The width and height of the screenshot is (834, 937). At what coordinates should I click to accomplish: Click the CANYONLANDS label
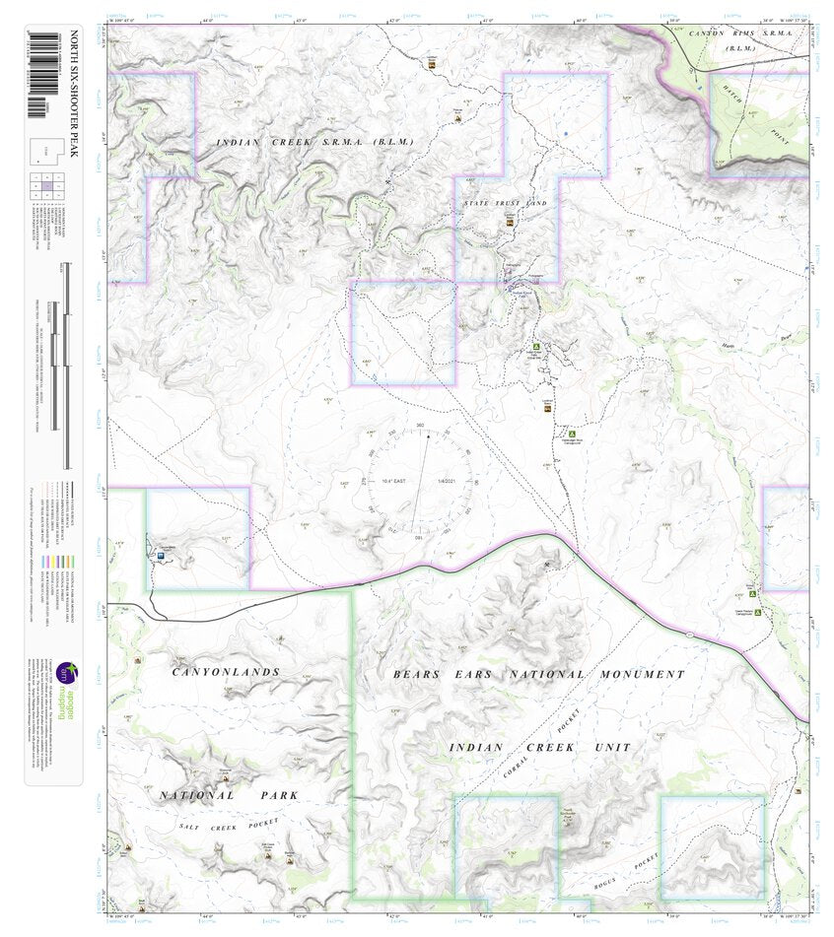point(227,672)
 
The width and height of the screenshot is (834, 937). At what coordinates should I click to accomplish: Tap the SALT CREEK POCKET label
point(230,825)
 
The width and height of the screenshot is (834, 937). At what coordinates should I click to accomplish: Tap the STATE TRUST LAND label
point(505,203)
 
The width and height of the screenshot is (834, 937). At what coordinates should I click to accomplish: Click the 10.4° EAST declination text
point(393,481)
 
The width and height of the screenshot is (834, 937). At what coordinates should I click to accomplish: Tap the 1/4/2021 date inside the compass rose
point(447,481)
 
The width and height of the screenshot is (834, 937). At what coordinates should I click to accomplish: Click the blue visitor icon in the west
point(160,556)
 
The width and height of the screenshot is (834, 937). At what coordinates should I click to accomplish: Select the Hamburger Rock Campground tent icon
point(570,433)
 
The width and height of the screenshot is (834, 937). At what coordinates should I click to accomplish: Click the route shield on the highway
point(690,634)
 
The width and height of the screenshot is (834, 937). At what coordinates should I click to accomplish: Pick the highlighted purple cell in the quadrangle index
point(47,185)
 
